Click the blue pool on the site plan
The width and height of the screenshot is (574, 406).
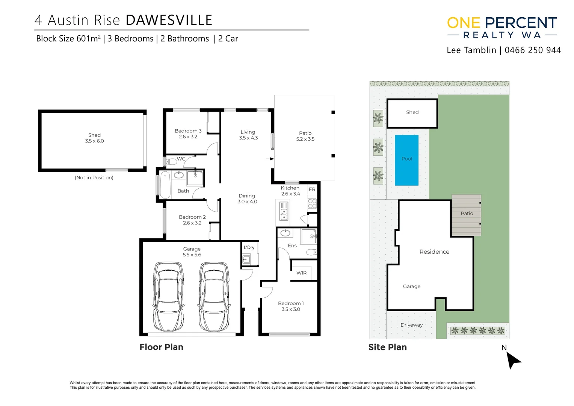coord(406,160)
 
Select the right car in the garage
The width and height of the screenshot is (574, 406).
coord(214,297)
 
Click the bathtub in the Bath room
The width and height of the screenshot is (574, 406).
coord(165,185)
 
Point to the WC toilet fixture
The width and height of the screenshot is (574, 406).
coord(172,162)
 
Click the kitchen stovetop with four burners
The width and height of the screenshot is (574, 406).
coord(312,203)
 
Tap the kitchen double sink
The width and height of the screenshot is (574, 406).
coord(284,211)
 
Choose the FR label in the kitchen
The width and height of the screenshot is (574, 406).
coord(312,189)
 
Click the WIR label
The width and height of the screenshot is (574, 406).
coord(301,273)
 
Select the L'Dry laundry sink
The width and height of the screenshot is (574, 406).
coord(246,259)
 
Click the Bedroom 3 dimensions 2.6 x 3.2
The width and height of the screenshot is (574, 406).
coord(188,137)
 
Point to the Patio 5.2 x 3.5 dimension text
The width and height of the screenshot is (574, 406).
coord(305,139)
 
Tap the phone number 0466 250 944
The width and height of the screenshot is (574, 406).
coord(533,50)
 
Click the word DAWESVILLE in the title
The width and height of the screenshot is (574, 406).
coord(169,20)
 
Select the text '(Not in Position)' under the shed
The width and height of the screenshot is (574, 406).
coord(94,177)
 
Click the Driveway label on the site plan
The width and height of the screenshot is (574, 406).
coord(411,325)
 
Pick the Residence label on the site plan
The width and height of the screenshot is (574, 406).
coord(434,251)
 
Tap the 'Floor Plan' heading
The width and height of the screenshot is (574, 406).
coord(162,347)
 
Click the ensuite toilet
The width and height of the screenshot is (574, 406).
coord(312,252)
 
